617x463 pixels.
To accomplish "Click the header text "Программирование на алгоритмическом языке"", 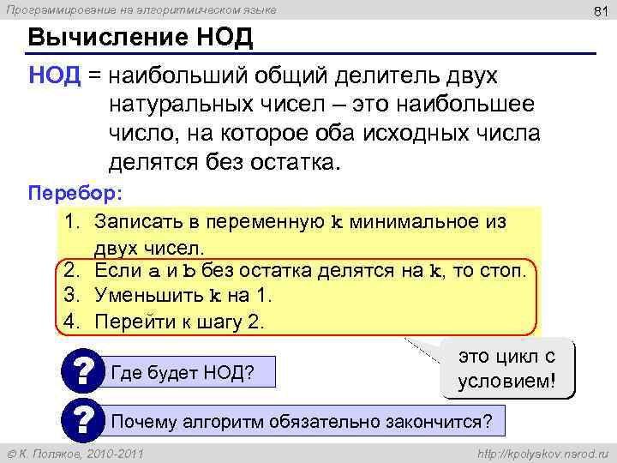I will [142, 9].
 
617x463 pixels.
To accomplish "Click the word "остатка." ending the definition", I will [294, 161].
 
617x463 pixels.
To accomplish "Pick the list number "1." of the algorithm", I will [72, 222].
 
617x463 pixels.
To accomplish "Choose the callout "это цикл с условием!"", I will [507, 369].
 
